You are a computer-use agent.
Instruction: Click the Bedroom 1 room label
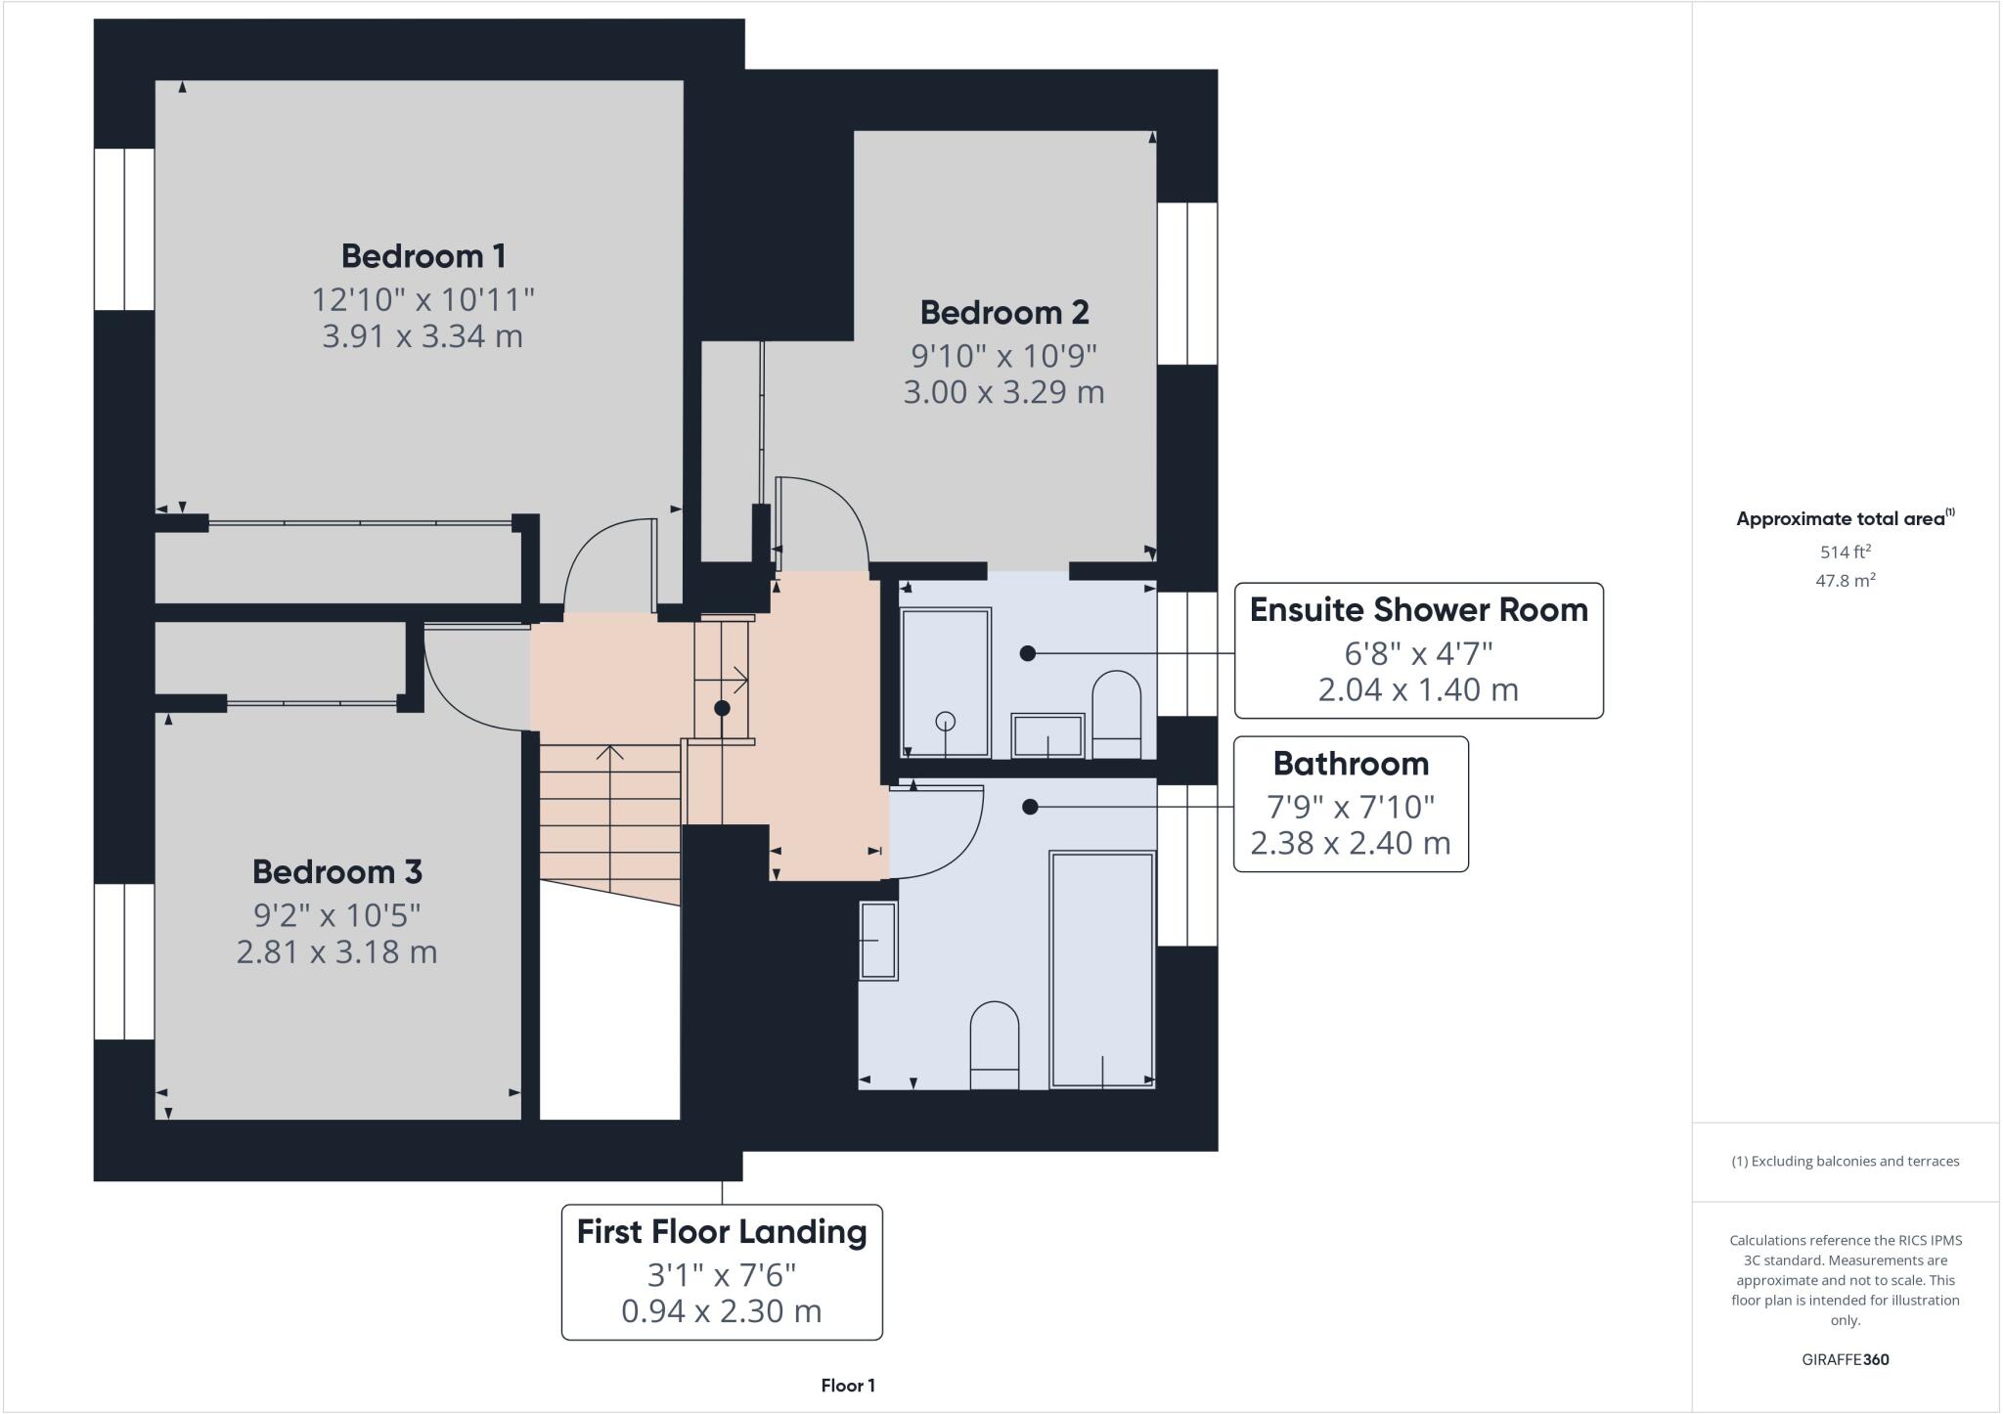pyautogui.click(x=423, y=256)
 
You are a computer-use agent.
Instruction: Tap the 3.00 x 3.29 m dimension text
pyautogui.click(x=1003, y=392)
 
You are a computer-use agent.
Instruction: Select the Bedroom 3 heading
pyautogui.click(x=336, y=871)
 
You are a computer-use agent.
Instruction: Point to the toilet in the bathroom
pyautogui.click(x=994, y=1044)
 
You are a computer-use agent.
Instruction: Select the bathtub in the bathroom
pyautogui.click(x=1102, y=968)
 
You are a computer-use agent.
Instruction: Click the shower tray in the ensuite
pyautogui.click(x=945, y=682)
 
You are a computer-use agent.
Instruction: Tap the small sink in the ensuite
pyautogui.click(x=1047, y=735)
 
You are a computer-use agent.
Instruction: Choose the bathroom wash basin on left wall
pyautogui.click(x=878, y=941)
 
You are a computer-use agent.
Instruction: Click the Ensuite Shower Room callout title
pyautogui.click(x=1418, y=610)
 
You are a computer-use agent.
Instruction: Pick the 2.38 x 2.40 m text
pyautogui.click(x=1350, y=843)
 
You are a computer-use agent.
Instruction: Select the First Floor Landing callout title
pyautogui.click(x=722, y=1232)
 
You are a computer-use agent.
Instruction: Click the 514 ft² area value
pyautogui.click(x=1845, y=552)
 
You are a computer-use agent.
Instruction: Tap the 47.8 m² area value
pyautogui.click(x=1845, y=581)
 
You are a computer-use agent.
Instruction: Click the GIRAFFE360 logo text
pyautogui.click(x=1845, y=1359)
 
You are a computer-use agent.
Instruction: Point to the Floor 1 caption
pyautogui.click(x=848, y=1386)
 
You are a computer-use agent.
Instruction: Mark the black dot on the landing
pyautogui.click(x=722, y=708)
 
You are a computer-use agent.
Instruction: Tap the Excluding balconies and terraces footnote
pyautogui.click(x=1845, y=1162)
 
